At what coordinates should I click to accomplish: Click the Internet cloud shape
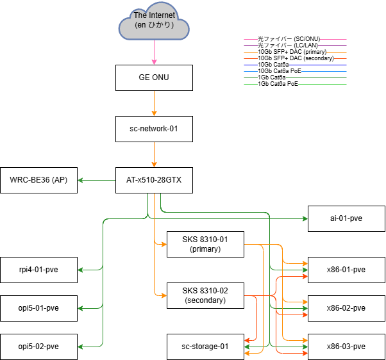click(x=154, y=24)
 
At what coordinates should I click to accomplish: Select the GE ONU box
click(x=154, y=77)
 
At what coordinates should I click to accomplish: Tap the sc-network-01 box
click(x=154, y=129)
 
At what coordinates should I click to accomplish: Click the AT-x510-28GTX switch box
click(x=154, y=180)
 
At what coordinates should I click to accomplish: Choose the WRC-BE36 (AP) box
click(x=38, y=180)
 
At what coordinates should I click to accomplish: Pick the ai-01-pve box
click(x=346, y=218)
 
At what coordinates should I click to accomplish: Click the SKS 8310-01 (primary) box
click(x=205, y=244)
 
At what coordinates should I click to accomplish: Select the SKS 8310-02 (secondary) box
click(x=205, y=295)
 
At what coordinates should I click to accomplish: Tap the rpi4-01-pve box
click(x=38, y=270)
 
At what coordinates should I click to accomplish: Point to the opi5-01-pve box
click(x=38, y=308)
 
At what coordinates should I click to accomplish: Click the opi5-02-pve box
click(x=38, y=347)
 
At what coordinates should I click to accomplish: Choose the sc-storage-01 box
click(x=205, y=347)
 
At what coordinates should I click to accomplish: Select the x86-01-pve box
click(x=346, y=270)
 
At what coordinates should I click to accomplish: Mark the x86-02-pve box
click(x=346, y=308)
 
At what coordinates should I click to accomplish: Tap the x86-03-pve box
click(x=346, y=347)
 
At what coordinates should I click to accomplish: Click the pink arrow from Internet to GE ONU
click(x=154, y=51)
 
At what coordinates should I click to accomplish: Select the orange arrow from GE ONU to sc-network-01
click(x=154, y=102)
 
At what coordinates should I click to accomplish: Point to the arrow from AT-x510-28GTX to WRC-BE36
click(x=96, y=180)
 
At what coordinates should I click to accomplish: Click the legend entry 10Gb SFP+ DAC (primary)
click(x=292, y=52)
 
